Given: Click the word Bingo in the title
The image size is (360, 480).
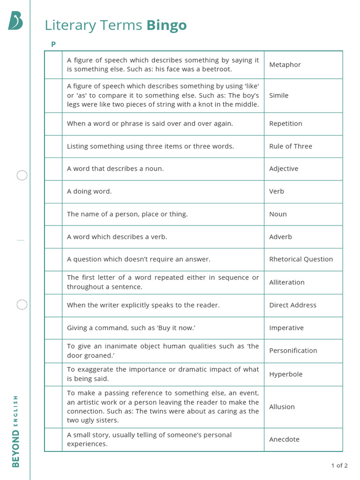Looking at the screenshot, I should coord(166,25).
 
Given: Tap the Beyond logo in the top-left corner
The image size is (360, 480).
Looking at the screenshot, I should coord(15,21).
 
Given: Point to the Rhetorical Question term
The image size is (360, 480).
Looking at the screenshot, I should coord(301,259).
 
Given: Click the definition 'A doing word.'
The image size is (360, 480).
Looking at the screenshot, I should coord(90,191).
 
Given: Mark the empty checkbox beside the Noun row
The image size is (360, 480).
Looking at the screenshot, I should coord(53,214).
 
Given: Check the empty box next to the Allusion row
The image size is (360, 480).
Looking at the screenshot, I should coord(53,407).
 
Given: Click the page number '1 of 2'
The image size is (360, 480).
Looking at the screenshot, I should coord(339,465).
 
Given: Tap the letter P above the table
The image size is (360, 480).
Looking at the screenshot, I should coord(53,44).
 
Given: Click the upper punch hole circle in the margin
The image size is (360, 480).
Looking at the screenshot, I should coord(22,176).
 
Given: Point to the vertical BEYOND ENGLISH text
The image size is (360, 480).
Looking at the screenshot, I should coord(16,431).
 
